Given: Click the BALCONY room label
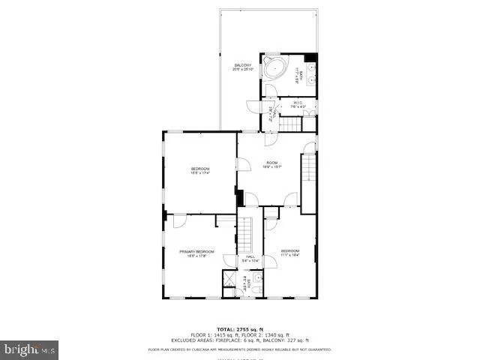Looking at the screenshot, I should [x=242, y=66].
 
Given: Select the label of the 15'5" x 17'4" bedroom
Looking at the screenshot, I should [x=199, y=168].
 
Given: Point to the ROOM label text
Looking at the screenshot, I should [x=271, y=162].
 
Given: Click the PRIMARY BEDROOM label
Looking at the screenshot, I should [x=196, y=251].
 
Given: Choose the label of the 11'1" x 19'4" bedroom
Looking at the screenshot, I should [x=290, y=250].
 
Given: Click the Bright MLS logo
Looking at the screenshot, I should [x=30, y=349].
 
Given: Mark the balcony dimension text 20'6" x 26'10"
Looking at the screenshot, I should [x=242, y=71].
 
